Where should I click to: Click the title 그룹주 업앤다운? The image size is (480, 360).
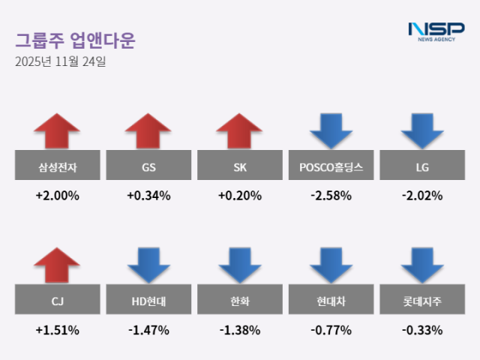[75, 40]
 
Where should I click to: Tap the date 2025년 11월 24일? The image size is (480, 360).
[61, 62]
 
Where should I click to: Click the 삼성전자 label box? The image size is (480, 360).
[57, 167]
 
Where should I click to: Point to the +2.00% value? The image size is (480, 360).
[57, 196]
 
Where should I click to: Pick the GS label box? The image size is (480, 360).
[148, 167]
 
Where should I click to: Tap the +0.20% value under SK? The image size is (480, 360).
[240, 196]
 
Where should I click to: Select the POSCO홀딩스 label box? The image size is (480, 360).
[331, 167]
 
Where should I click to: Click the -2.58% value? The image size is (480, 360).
[331, 196]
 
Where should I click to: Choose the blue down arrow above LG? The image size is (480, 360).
[422, 130]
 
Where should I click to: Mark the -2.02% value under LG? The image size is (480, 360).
[422, 196]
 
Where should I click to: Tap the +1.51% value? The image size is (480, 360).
[57, 329]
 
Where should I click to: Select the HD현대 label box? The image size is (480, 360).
[148, 301]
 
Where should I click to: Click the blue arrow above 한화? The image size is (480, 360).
[240, 265]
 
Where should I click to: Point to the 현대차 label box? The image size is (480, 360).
[331, 301]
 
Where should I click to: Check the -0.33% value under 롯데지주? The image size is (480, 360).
[422, 329]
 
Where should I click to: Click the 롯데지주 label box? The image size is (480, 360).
[422, 301]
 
